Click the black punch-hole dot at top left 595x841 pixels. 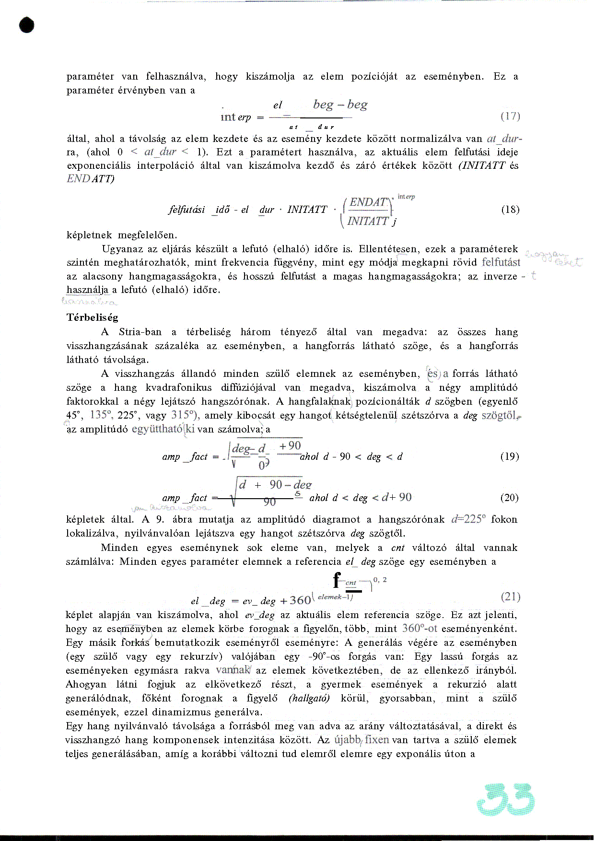(x=27, y=25)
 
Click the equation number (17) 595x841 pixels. (x=510, y=116)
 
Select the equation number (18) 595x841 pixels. (x=510, y=210)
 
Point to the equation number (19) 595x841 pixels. (x=509, y=456)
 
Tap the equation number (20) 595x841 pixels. (x=509, y=498)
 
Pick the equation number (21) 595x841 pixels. (x=510, y=596)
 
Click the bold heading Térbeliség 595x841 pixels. (x=92, y=317)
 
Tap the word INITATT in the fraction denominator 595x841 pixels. (x=368, y=221)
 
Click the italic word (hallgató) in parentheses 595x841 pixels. (x=309, y=699)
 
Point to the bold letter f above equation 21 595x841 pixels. (x=338, y=580)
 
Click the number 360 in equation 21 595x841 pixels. (x=301, y=600)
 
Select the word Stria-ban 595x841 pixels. (x=140, y=332)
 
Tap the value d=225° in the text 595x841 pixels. (x=468, y=519)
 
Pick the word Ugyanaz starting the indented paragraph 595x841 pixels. (x=120, y=249)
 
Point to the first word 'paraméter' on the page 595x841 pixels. (x=90, y=77)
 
